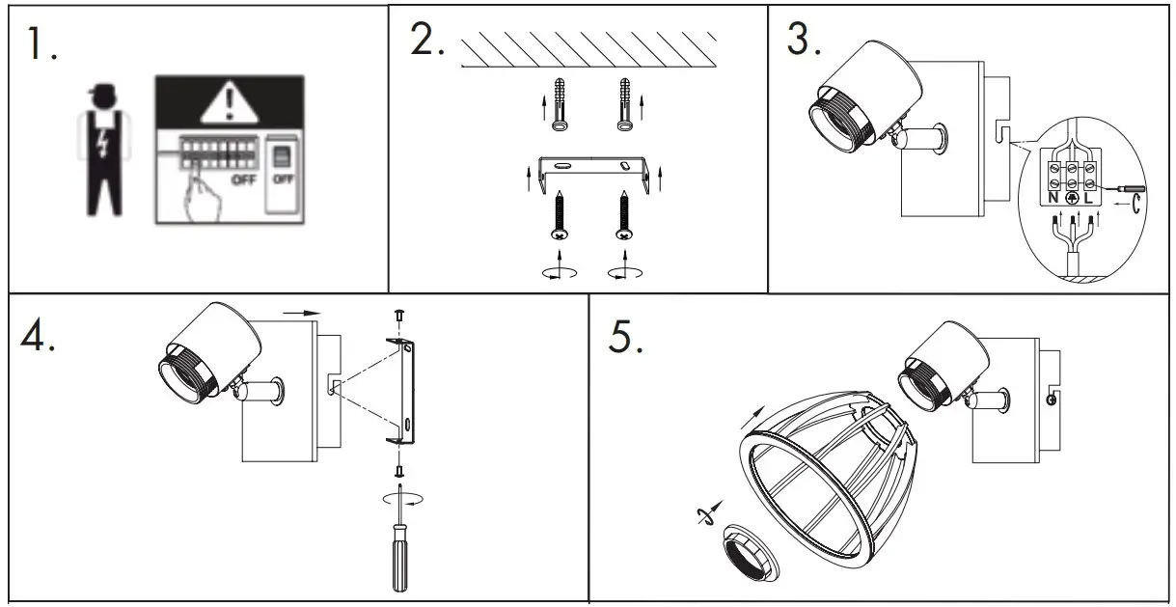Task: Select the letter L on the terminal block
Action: pyautogui.click(x=1088, y=199)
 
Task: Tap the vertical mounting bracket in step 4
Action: pyautogui.click(x=405, y=391)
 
